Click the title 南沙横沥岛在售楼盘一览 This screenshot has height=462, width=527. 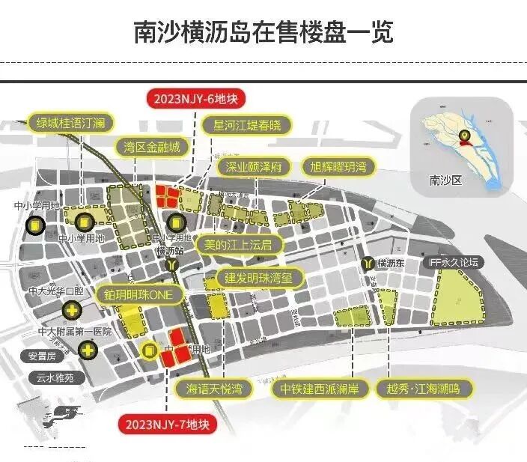263,32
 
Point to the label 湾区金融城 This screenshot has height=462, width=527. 153,147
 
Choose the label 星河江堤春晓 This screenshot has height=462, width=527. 246,124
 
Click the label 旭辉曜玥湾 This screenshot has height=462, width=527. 339,166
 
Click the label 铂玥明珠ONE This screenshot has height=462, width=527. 139,295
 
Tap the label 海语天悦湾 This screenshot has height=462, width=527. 214,388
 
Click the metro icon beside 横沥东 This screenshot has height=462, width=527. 368,264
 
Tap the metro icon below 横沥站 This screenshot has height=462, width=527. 174,265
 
